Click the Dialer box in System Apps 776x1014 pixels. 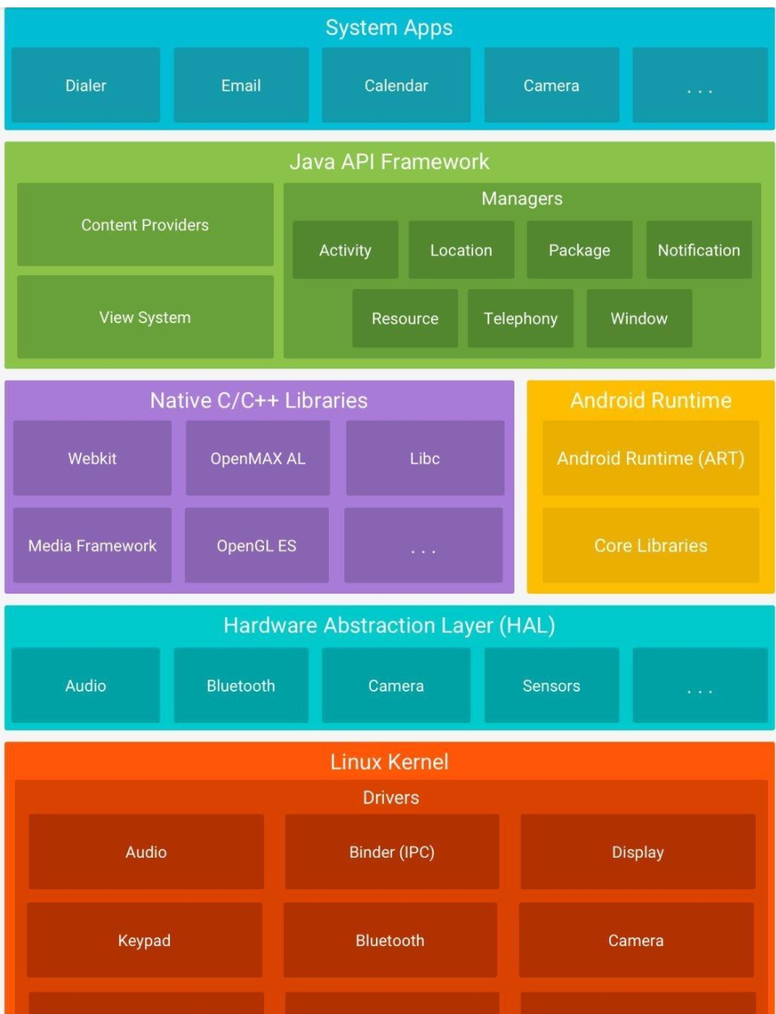coord(86,85)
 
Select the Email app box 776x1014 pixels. coord(241,85)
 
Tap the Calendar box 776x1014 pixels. coord(396,85)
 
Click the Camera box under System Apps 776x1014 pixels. coord(551,85)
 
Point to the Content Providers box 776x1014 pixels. coord(145,224)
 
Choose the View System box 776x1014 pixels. coord(145,317)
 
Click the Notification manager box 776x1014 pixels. coord(698,250)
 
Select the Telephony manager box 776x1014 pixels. coord(520,318)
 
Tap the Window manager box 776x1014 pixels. coord(639,318)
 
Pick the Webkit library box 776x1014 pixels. coord(92,458)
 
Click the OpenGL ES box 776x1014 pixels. coord(256,545)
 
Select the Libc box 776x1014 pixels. coord(424,458)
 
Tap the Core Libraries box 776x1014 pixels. coord(650,545)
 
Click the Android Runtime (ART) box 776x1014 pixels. coord(650,458)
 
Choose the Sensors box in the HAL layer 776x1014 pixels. coord(551,685)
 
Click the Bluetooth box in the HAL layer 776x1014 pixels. coord(241,685)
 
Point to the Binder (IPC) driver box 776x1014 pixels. coord(391,851)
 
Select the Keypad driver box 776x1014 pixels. coord(144,939)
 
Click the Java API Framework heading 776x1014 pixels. coord(390,162)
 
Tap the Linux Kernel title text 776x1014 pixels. coord(390,761)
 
